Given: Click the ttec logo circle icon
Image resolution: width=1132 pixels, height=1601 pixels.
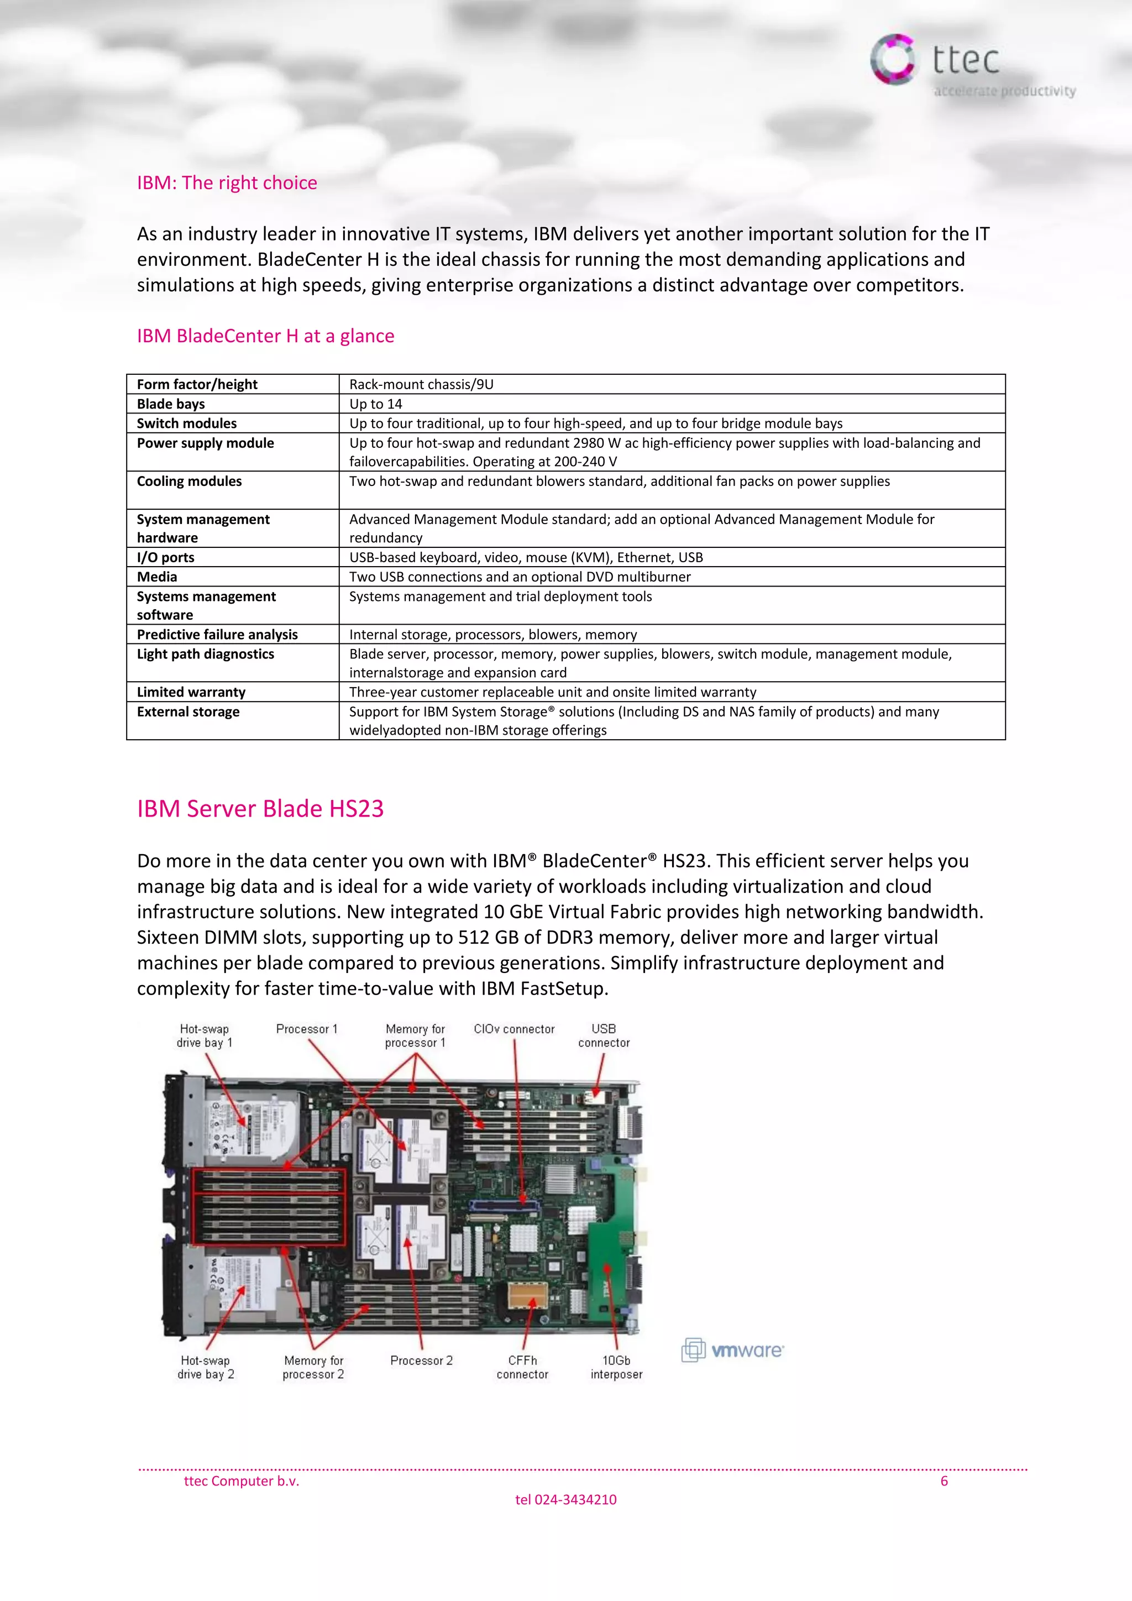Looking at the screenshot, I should [x=892, y=59].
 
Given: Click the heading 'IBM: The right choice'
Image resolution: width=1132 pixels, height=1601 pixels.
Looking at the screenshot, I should [x=227, y=182].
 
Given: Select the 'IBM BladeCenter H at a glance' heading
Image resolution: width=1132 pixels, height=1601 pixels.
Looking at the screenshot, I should [x=265, y=336].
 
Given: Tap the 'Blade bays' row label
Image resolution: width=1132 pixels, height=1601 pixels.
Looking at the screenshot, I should [x=171, y=404].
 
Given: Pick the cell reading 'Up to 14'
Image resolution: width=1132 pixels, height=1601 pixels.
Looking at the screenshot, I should [x=376, y=404].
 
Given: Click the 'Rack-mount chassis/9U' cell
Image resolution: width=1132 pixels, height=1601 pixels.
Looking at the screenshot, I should [x=421, y=384].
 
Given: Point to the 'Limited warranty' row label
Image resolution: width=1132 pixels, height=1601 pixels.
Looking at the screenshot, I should [x=191, y=692].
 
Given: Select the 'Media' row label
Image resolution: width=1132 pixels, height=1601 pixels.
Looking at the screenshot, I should [x=157, y=577].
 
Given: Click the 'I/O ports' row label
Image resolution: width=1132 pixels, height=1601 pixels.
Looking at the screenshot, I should [x=165, y=557].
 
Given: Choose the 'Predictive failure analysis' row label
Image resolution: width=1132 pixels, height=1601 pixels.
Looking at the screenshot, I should [x=217, y=635].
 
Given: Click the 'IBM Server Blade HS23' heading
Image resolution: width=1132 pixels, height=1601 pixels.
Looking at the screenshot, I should [x=260, y=809].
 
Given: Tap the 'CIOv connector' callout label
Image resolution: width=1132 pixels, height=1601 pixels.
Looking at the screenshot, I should [x=513, y=1029].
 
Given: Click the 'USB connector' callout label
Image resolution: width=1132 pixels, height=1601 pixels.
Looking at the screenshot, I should [x=604, y=1035].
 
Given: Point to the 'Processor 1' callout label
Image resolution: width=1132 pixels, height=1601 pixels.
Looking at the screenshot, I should [x=307, y=1029].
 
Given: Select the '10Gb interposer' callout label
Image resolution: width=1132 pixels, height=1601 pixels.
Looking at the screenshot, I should [x=616, y=1367].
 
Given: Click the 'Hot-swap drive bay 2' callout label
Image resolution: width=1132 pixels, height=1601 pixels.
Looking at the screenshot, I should [x=205, y=1367].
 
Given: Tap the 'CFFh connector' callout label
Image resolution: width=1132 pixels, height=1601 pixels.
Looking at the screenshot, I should [x=522, y=1367].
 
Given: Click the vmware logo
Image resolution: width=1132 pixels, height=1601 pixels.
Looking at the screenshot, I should [x=732, y=1350].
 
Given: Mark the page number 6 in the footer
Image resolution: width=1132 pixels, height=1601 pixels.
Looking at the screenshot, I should [x=944, y=1481].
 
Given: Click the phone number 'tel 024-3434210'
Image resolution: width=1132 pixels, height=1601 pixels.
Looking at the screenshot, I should [x=565, y=1500].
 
